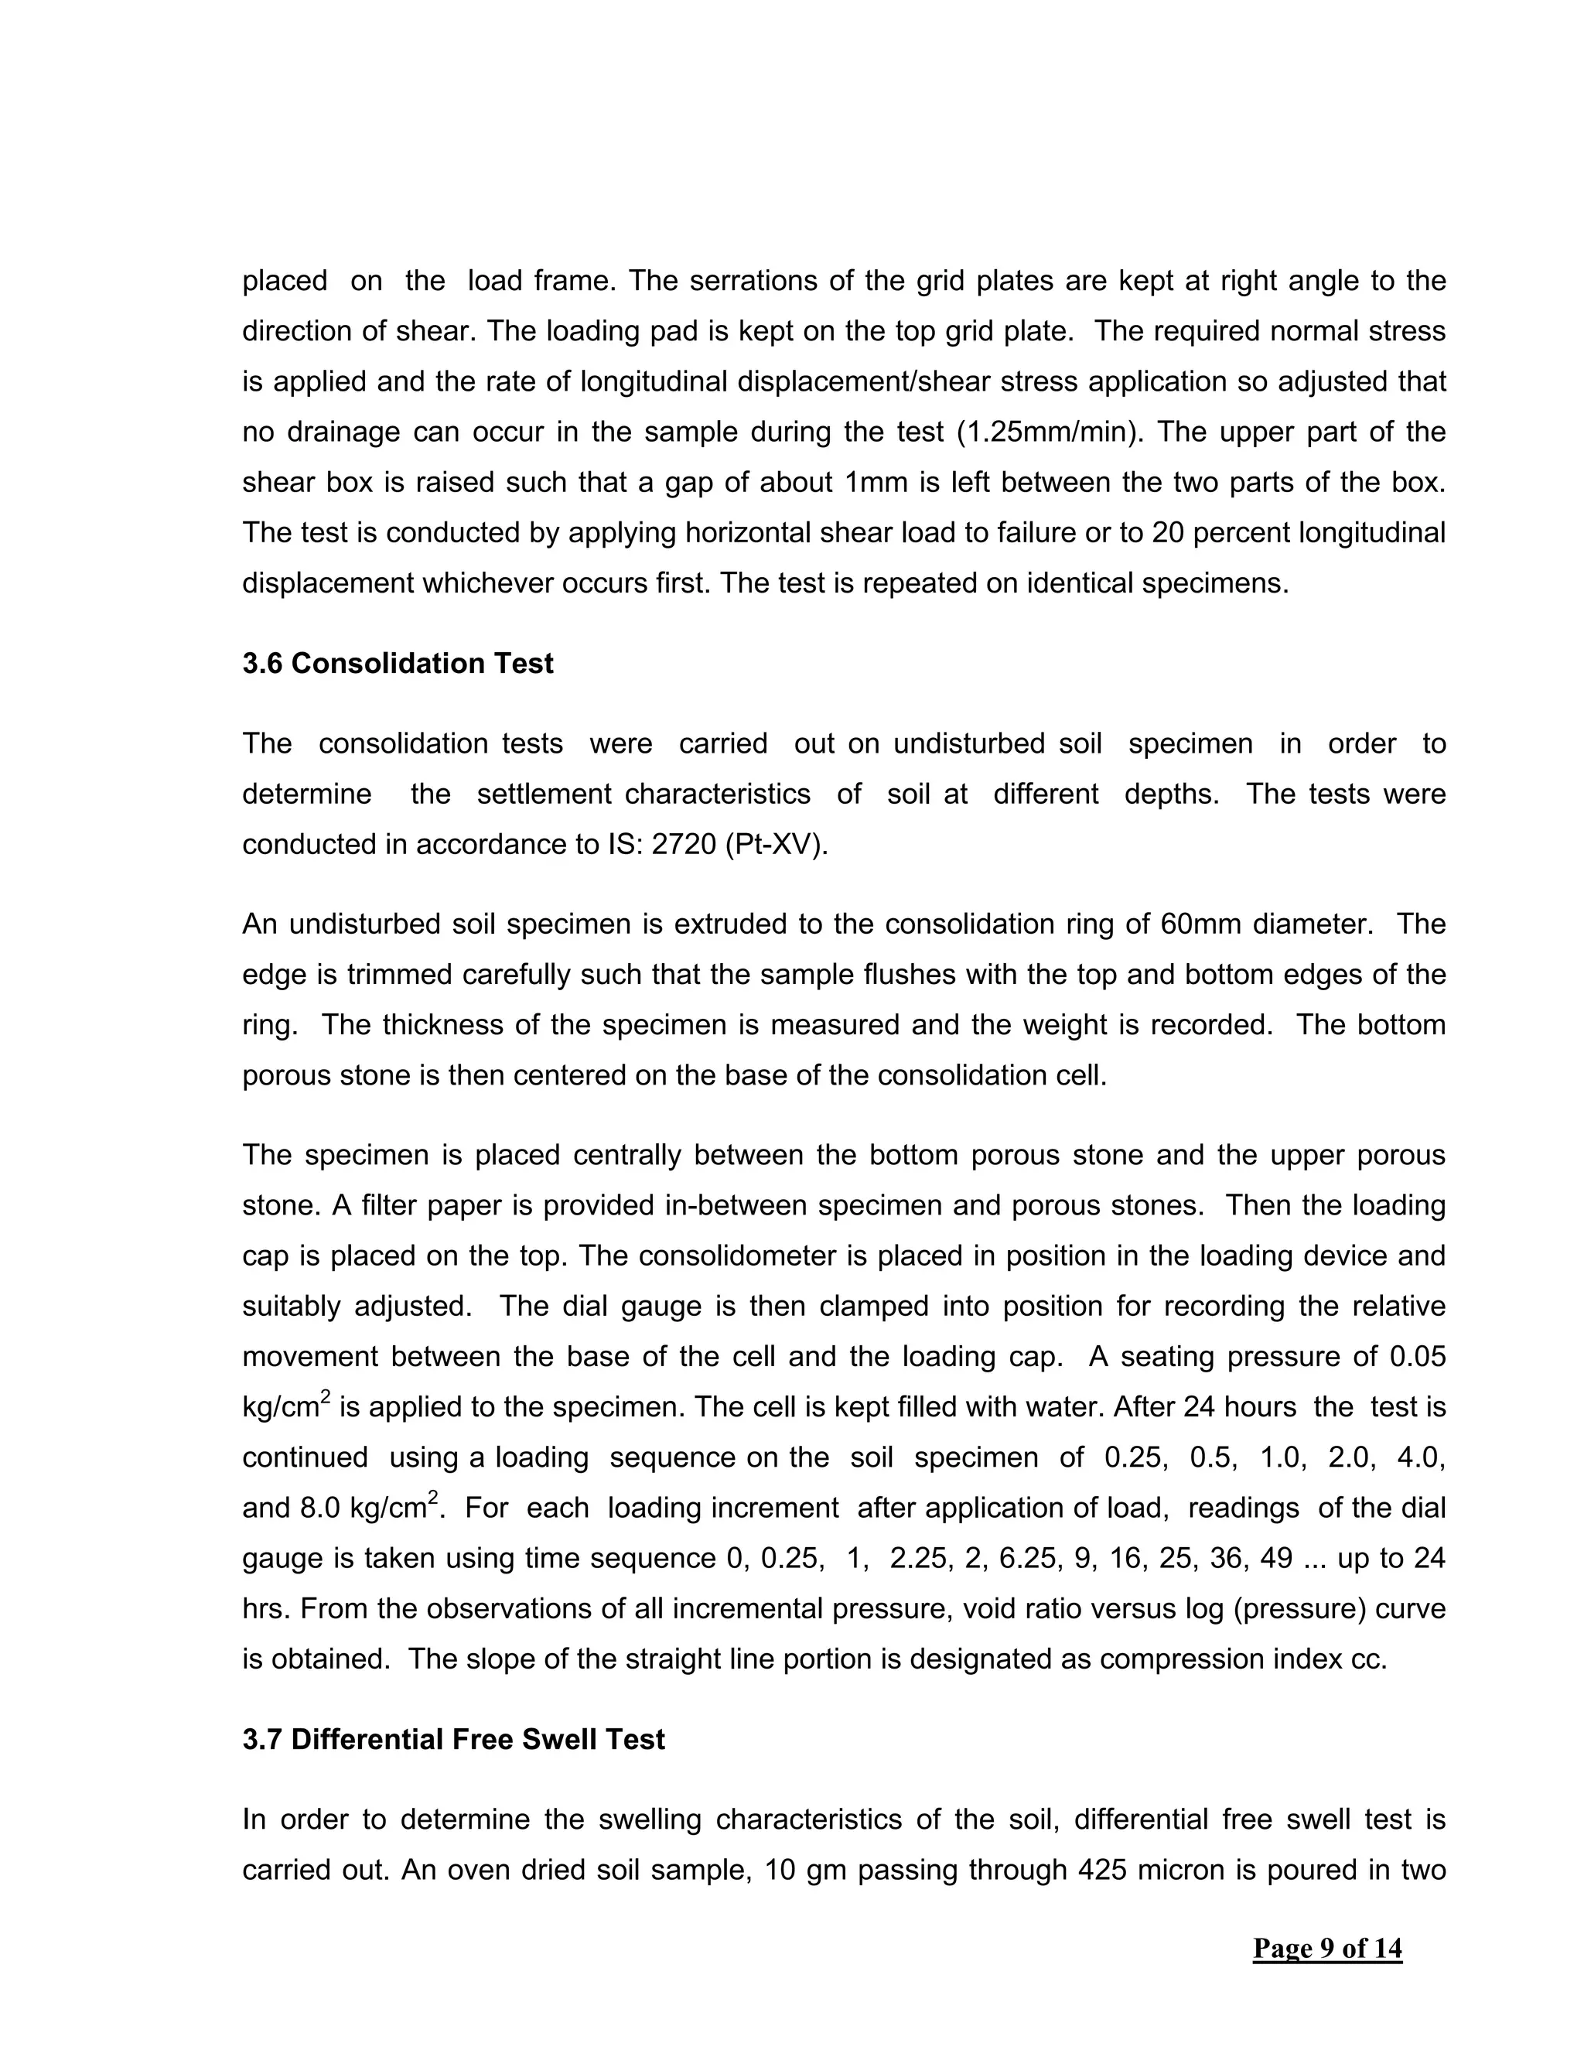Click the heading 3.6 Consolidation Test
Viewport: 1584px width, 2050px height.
point(398,664)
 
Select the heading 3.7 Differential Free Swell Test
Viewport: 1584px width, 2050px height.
point(453,1739)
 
